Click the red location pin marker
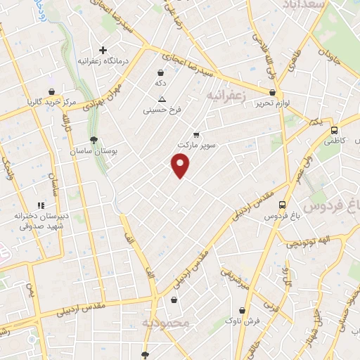tap(181, 165)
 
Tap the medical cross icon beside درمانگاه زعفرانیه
tap(103, 51)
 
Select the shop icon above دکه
tap(161, 72)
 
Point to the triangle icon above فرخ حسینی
tap(162, 99)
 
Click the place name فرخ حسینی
tap(162, 110)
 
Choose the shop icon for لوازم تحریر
tap(272, 92)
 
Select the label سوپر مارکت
tap(195, 144)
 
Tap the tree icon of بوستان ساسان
tap(94, 139)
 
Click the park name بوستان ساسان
tap(94, 150)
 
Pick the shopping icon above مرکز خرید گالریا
tap(51, 91)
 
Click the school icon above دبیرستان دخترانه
tap(41, 205)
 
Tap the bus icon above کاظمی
tap(334, 130)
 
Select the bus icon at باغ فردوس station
tap(282, 205)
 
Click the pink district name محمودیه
tap(166, 323)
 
